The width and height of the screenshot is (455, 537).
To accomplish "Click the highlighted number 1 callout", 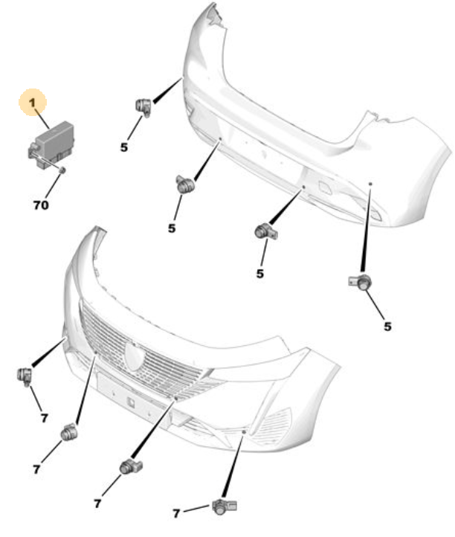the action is click(32, 103).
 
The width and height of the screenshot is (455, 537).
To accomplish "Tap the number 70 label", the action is click(41, 205).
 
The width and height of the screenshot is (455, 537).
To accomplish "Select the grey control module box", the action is click(51, 145).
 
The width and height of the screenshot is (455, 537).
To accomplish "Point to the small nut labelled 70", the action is click(62, 170).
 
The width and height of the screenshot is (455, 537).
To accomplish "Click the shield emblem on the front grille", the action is click(135, 356).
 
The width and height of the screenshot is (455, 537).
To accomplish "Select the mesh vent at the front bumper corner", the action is click(271, 427).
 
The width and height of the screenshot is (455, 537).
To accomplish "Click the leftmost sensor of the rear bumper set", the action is click(143, 107).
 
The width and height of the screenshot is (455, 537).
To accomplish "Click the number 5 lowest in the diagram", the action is click(387, 327).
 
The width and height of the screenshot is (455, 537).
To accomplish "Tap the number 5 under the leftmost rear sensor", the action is click(124, 147).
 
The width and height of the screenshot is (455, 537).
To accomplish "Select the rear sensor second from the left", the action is click(185, 184).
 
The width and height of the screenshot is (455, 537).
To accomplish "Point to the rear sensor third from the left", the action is click(266, 232).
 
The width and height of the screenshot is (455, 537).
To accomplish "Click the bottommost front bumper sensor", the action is click(225, 507).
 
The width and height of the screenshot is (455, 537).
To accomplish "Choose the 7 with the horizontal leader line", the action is click(176, 513).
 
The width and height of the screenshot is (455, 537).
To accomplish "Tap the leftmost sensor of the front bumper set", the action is click(25, 376).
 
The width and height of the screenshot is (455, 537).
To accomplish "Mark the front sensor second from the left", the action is click(69, 433).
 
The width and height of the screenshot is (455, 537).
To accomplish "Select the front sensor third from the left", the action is click(131, 466).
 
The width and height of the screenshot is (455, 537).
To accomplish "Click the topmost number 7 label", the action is click(44, 418).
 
